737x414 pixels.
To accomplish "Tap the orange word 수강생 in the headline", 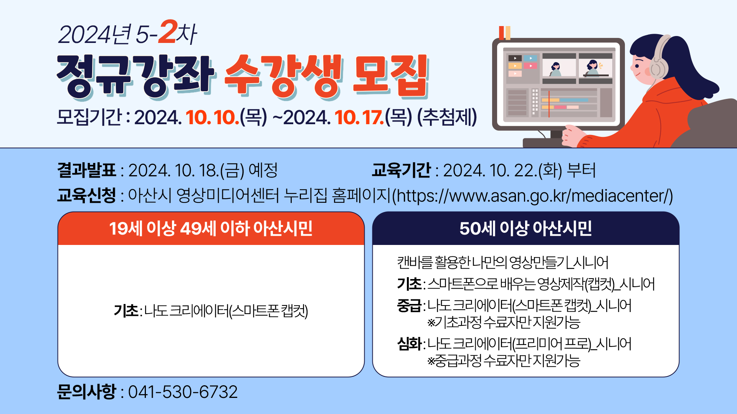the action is pos(283,76).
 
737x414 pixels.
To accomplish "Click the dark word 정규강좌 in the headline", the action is pos(135,76).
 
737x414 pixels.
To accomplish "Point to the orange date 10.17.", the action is pos(359,117).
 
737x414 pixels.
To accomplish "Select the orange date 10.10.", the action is pos(213,117).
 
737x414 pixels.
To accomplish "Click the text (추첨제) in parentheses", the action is pos(447,117).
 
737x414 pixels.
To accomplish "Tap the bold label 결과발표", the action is pos(86,170).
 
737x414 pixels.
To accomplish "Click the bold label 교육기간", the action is pos(401,170).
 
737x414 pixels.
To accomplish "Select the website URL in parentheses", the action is pos(532,195).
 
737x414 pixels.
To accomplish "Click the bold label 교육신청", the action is pos(86,195).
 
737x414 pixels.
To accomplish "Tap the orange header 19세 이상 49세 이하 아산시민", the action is pos(211,228).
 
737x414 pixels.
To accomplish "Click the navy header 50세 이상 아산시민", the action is pos(525,228).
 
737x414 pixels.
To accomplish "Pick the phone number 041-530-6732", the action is pos(183,392).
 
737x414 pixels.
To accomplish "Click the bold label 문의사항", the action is pos(86,392).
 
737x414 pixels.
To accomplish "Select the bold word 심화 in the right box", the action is pos(409,344).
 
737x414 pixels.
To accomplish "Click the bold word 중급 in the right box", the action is pos(409,306).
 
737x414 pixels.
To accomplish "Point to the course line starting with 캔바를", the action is pos(503,263).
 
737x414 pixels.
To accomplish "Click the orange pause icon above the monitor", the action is pos(505,33).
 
